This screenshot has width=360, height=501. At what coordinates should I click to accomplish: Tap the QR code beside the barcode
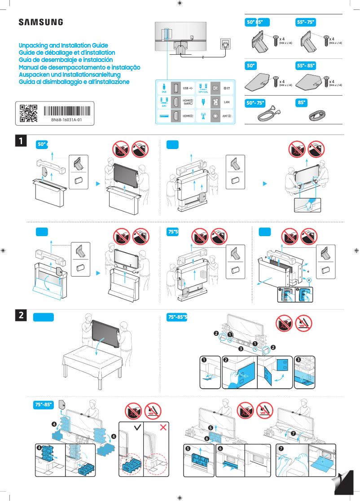pyautogui.click(x=28, y=114)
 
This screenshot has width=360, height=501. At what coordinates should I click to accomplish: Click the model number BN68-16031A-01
pyautogui.click(x=66, y=120)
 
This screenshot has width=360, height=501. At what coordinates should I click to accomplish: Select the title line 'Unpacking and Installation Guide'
pyautogui.click(x=63, y=46)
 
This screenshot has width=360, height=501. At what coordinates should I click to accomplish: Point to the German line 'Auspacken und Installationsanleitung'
pyautogui.click(x=70, y=75)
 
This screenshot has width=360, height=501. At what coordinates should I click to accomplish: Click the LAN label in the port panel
pyautogui.click(x=227, y=102)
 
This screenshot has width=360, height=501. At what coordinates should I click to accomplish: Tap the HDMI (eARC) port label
pyautogui.click(x=188, y=102)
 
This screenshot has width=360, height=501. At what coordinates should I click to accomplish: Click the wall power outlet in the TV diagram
pyautogui.click(x=225, y=44)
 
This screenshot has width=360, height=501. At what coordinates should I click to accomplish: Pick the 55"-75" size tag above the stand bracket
pyautogui.click(x=306, y=22)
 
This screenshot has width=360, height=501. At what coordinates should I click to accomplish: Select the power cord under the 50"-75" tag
pyautogui.click(x=268, y=116)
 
